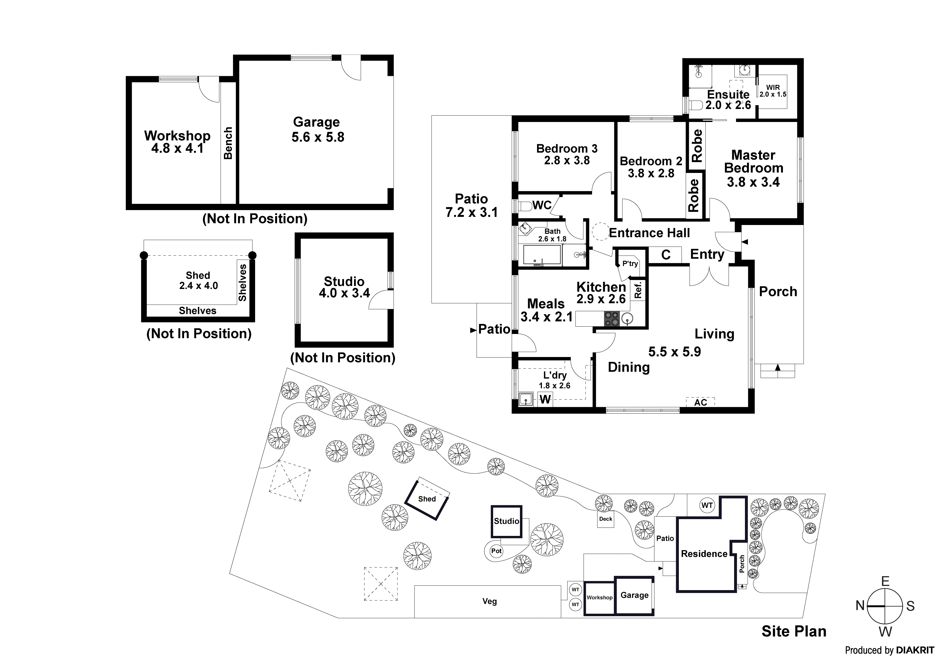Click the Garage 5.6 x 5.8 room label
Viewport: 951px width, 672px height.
tap(317, 130)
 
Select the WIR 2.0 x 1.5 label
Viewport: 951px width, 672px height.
tap(772, 91)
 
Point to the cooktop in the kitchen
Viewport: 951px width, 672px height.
tap(611, 319)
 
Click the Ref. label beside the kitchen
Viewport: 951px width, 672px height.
tap(638, 290)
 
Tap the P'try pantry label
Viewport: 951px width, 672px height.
tap(630, 264)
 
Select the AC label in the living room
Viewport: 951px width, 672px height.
tap(701, 402)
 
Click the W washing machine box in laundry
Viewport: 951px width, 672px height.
tap(545, 399)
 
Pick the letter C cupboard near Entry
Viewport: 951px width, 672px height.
tap(666, 255)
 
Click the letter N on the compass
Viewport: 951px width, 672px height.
tap(860, 606)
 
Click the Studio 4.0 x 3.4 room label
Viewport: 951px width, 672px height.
tap(344, 287)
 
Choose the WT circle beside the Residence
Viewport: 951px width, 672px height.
tap(707, 505)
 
